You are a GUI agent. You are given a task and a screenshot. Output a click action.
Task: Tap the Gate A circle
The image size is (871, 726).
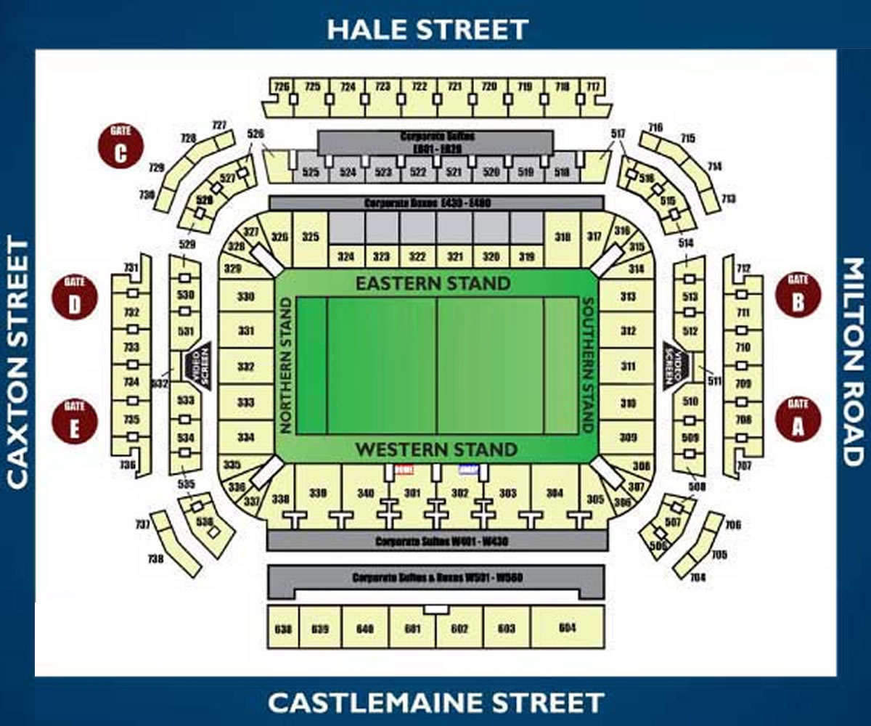(x=798, y=420)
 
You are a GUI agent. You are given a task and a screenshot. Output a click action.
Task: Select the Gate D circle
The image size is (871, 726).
(x=75, y=298)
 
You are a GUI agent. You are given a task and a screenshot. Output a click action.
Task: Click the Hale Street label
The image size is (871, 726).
(x=427, y=30)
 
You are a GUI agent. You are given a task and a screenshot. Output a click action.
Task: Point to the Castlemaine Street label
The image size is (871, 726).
(x=435, y=703)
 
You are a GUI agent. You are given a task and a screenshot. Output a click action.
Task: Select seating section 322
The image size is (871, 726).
(x=417, y=256)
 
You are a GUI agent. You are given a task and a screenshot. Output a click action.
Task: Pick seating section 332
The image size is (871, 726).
(x=246, y=367)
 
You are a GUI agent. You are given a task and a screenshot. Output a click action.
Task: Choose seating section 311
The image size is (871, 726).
(x=628, y=367)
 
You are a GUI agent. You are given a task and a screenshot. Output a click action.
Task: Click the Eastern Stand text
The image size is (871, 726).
(x=433, y=283)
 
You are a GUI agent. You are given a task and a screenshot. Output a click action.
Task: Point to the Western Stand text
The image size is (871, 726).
(x=435, y=450)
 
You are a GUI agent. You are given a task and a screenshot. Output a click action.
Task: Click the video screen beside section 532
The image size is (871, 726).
(x=196, y=365)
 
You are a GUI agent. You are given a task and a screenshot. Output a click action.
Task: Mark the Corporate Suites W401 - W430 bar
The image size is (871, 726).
(x=437, y=542)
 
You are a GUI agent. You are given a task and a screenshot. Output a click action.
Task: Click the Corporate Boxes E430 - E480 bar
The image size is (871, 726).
(x=435, y=203)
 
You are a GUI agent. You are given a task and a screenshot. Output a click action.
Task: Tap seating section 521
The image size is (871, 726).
(x=454, y=173)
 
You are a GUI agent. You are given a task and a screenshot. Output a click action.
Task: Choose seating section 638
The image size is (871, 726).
(x=283, y=629)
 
